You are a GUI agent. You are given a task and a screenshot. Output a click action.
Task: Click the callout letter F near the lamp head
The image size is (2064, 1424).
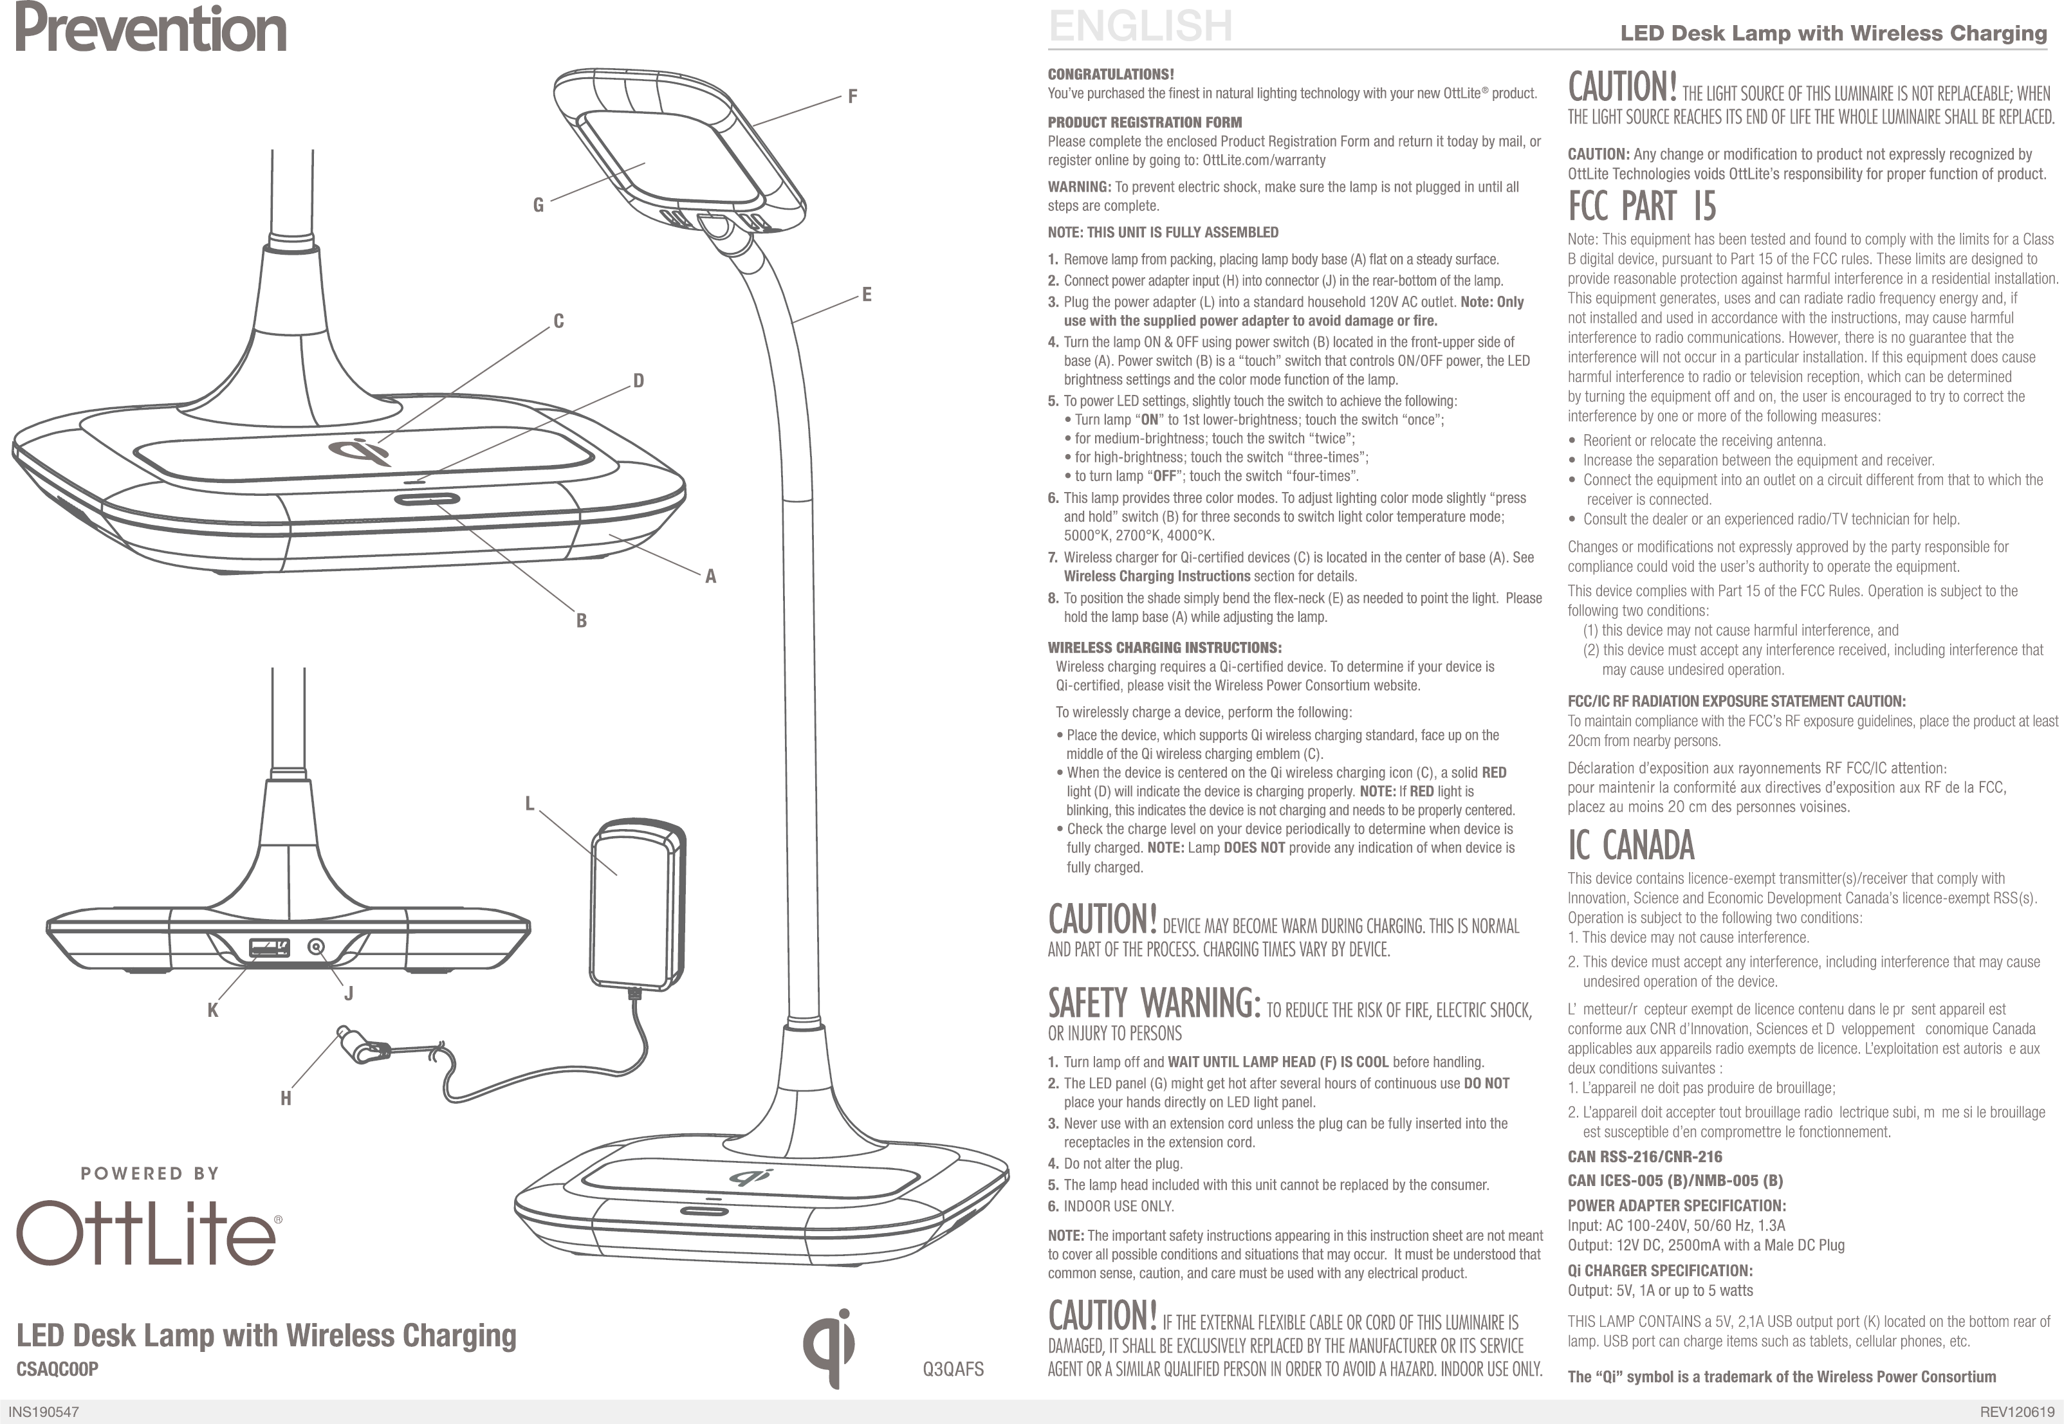pos(852,96)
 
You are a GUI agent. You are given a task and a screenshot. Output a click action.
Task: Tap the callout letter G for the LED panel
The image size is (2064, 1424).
pos(538,205)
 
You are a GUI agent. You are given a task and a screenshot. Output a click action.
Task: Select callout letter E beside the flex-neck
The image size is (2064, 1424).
pos(865,295)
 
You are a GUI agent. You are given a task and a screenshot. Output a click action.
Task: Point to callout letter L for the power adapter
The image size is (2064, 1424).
pos(529,804)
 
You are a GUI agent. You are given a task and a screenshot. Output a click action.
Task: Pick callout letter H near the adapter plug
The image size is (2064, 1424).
pos(286,1099)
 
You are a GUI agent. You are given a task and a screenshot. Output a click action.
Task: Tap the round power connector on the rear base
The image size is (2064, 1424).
pos(316,947)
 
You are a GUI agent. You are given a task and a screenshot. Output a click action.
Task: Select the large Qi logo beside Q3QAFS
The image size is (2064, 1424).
pos(828,1347)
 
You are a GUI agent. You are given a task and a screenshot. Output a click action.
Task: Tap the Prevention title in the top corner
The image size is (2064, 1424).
pos(151,30)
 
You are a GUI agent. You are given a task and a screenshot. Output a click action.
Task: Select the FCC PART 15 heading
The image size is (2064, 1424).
pos(1642,206)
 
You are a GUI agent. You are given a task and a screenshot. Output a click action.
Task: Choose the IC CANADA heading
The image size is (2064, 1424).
pos(1630,845)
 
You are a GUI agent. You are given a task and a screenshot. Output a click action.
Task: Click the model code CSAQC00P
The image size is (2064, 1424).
pos(57,1369)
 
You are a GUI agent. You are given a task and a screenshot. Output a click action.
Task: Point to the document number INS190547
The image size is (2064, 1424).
pos(44,1412)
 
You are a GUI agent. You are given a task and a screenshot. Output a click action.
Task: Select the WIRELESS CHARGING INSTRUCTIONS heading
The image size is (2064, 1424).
pos(1165,648)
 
